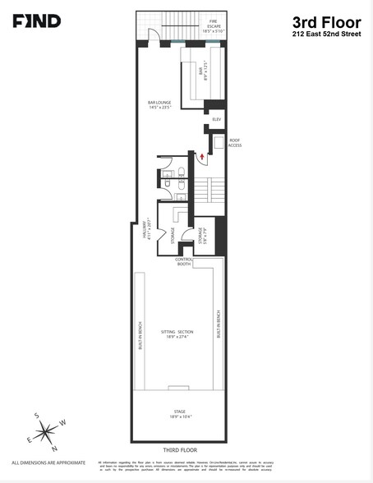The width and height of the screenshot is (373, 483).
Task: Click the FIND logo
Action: pyautogui.click(x=36, y=21)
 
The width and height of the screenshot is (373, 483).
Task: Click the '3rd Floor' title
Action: pyautogui.click(x=326, y=22)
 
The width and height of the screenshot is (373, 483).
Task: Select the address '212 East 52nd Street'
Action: pyautogui.click(x=326, y=35)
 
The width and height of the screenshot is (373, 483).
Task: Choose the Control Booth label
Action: pyautogui.click(x=183, y=262)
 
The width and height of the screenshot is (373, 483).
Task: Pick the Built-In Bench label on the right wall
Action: pyautogui.click(x=219, y=324)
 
